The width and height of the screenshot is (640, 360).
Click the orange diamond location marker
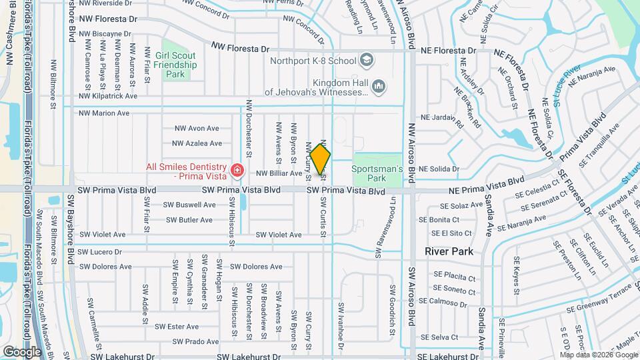(321, 159)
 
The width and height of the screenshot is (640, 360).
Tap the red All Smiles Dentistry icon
(236, 171)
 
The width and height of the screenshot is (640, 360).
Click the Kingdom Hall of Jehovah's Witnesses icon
(378, 86)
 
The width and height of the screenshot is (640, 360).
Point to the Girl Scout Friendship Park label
(175, 65)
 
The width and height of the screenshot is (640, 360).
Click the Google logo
(22, 351)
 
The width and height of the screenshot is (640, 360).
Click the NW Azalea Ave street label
(197, 143)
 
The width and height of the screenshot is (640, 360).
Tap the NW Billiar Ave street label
(279, 173)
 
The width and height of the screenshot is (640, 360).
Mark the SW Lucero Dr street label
(100, 252)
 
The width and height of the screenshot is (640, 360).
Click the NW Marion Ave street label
(104, 113)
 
